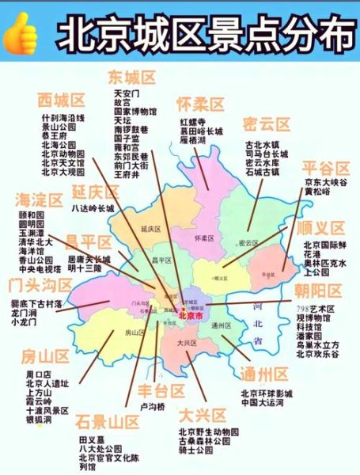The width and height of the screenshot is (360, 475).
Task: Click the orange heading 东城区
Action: (x=131, y=77)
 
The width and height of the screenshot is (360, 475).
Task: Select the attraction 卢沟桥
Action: (x=153, y=407)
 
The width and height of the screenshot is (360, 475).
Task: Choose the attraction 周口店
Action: (x=38, y=374)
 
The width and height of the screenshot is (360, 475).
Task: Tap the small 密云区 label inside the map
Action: (x=248, y=242)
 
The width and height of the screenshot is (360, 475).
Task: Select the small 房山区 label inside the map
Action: (x=131, y=333)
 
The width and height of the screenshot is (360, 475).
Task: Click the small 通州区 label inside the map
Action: (x=221, y=325)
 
